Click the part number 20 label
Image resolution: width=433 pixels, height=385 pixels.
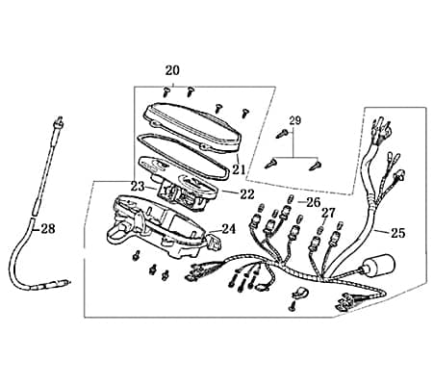pos(172,70)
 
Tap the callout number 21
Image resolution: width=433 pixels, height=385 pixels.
pos(239,169)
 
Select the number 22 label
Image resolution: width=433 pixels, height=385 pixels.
pos(247,194)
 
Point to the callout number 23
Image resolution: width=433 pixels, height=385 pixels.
pos(138,186)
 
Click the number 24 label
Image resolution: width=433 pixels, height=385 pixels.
pos(229,229)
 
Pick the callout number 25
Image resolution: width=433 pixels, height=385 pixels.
pos(397,233)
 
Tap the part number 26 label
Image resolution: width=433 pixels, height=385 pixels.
pos(313,202)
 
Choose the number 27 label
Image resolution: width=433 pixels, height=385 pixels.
pos(328,213)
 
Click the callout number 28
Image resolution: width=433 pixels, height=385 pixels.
pos(48,229)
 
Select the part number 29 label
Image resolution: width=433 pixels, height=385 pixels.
pos(295,121)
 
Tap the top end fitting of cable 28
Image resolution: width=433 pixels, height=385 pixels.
pos(59,120)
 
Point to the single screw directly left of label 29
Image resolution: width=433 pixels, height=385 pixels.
pos(280,134)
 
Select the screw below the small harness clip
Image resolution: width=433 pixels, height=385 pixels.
pos(293,306)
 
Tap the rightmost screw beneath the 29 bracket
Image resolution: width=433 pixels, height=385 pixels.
pos(315,166)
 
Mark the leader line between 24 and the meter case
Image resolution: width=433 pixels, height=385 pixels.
pos(216,231)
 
